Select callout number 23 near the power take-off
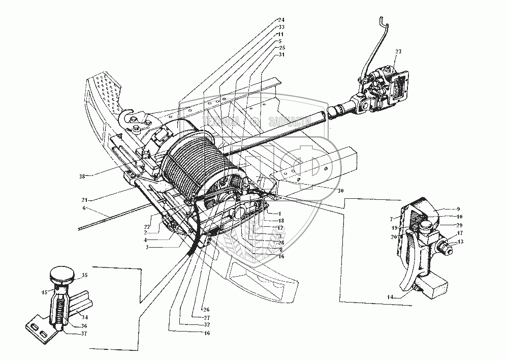click(x=398, y=51)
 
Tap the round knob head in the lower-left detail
click(x=61, y=277)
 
